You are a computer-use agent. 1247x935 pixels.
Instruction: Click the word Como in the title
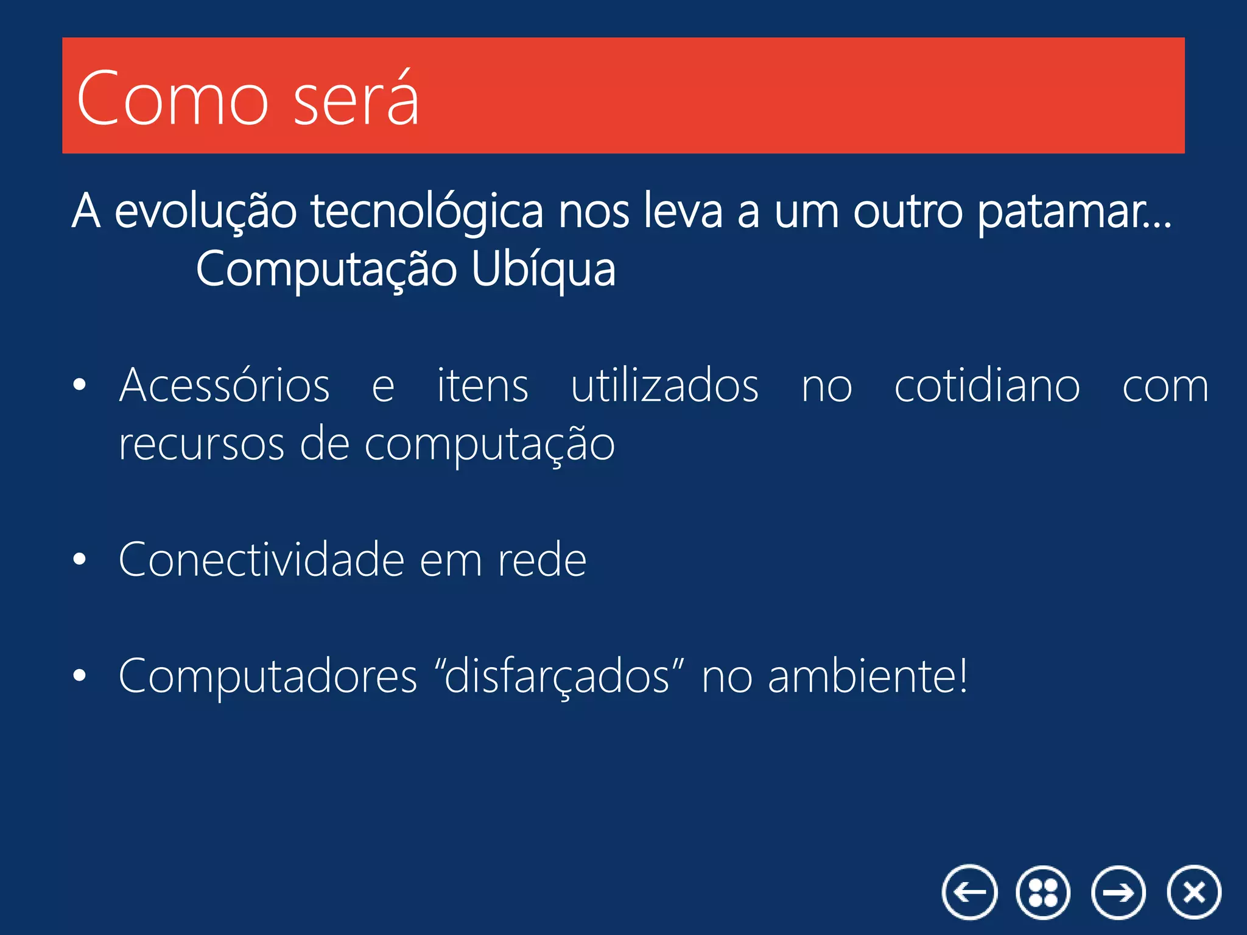pos(172,99)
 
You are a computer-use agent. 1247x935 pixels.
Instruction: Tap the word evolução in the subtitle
pos(205,211)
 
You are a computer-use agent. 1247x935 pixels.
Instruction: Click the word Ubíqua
pos(543,270)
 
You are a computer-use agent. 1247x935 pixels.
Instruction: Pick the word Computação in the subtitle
pos(326,270)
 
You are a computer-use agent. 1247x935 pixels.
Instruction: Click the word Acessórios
pos(224,385)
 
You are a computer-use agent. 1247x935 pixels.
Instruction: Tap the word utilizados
pos(664,385)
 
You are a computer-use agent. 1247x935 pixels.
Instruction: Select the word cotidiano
pos(987,385)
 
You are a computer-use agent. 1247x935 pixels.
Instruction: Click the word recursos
pos(201,444)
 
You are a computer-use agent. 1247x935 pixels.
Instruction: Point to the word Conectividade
pos(261,559)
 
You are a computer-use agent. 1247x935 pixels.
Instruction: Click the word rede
pos(542,559)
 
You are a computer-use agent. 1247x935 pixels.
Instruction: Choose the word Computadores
pos(268,676)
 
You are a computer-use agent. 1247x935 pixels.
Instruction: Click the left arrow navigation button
pos(969,892)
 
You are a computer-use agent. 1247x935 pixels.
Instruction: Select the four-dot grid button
pos(1043,892)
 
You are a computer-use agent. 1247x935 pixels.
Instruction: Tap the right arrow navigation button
pos(1119,892)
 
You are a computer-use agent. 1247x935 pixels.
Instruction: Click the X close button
pos(1194,892)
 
